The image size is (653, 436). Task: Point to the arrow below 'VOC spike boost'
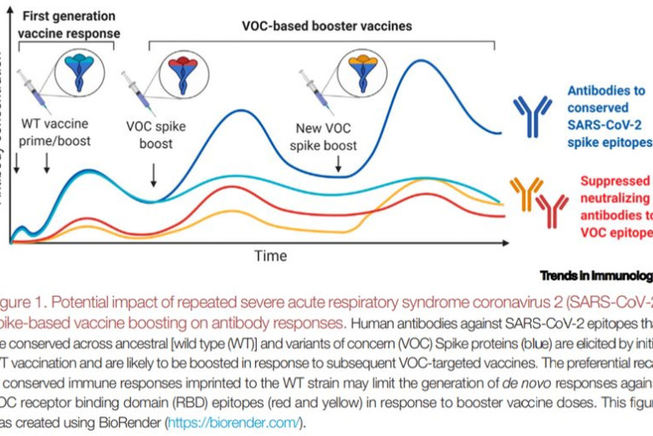(x=153, y=175)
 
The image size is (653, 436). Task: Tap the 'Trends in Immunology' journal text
(x=596, y=275)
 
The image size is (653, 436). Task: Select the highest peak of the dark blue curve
(x=422, y=60)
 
